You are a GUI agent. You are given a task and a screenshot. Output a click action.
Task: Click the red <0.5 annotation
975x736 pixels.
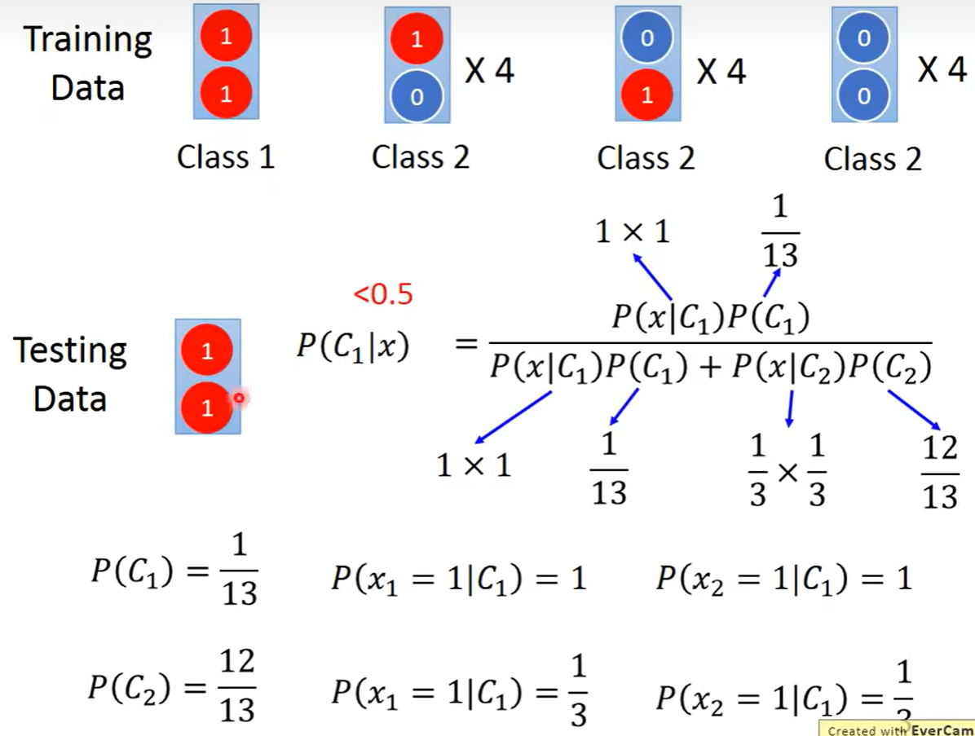(x=383, y=294)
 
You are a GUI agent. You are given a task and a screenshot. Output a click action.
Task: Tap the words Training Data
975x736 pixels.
(x=88, y=63)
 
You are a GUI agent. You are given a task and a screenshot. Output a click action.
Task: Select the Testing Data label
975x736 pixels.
(x=70, y=374)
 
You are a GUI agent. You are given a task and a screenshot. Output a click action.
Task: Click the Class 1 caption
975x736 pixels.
(x=226, y=156)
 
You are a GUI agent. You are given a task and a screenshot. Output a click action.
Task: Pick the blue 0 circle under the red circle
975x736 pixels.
(x=417, y=97)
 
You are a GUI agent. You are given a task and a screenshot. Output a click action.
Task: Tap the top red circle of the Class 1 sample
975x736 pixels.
(x=226, y=37)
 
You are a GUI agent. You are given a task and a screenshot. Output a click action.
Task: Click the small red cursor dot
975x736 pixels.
(x=239, y=398)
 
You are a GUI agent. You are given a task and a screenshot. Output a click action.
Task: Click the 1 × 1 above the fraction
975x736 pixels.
(x=633, y=233)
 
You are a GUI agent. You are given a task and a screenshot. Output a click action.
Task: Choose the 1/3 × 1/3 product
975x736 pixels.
(x=787, y=470)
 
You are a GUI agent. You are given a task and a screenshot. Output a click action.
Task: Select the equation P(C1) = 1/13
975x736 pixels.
(x=174, y=571)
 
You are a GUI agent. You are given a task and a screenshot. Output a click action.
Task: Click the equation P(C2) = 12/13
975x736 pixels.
(x=172, y=687)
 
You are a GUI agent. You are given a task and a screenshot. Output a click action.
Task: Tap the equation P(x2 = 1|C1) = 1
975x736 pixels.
(x=783, y=578)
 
